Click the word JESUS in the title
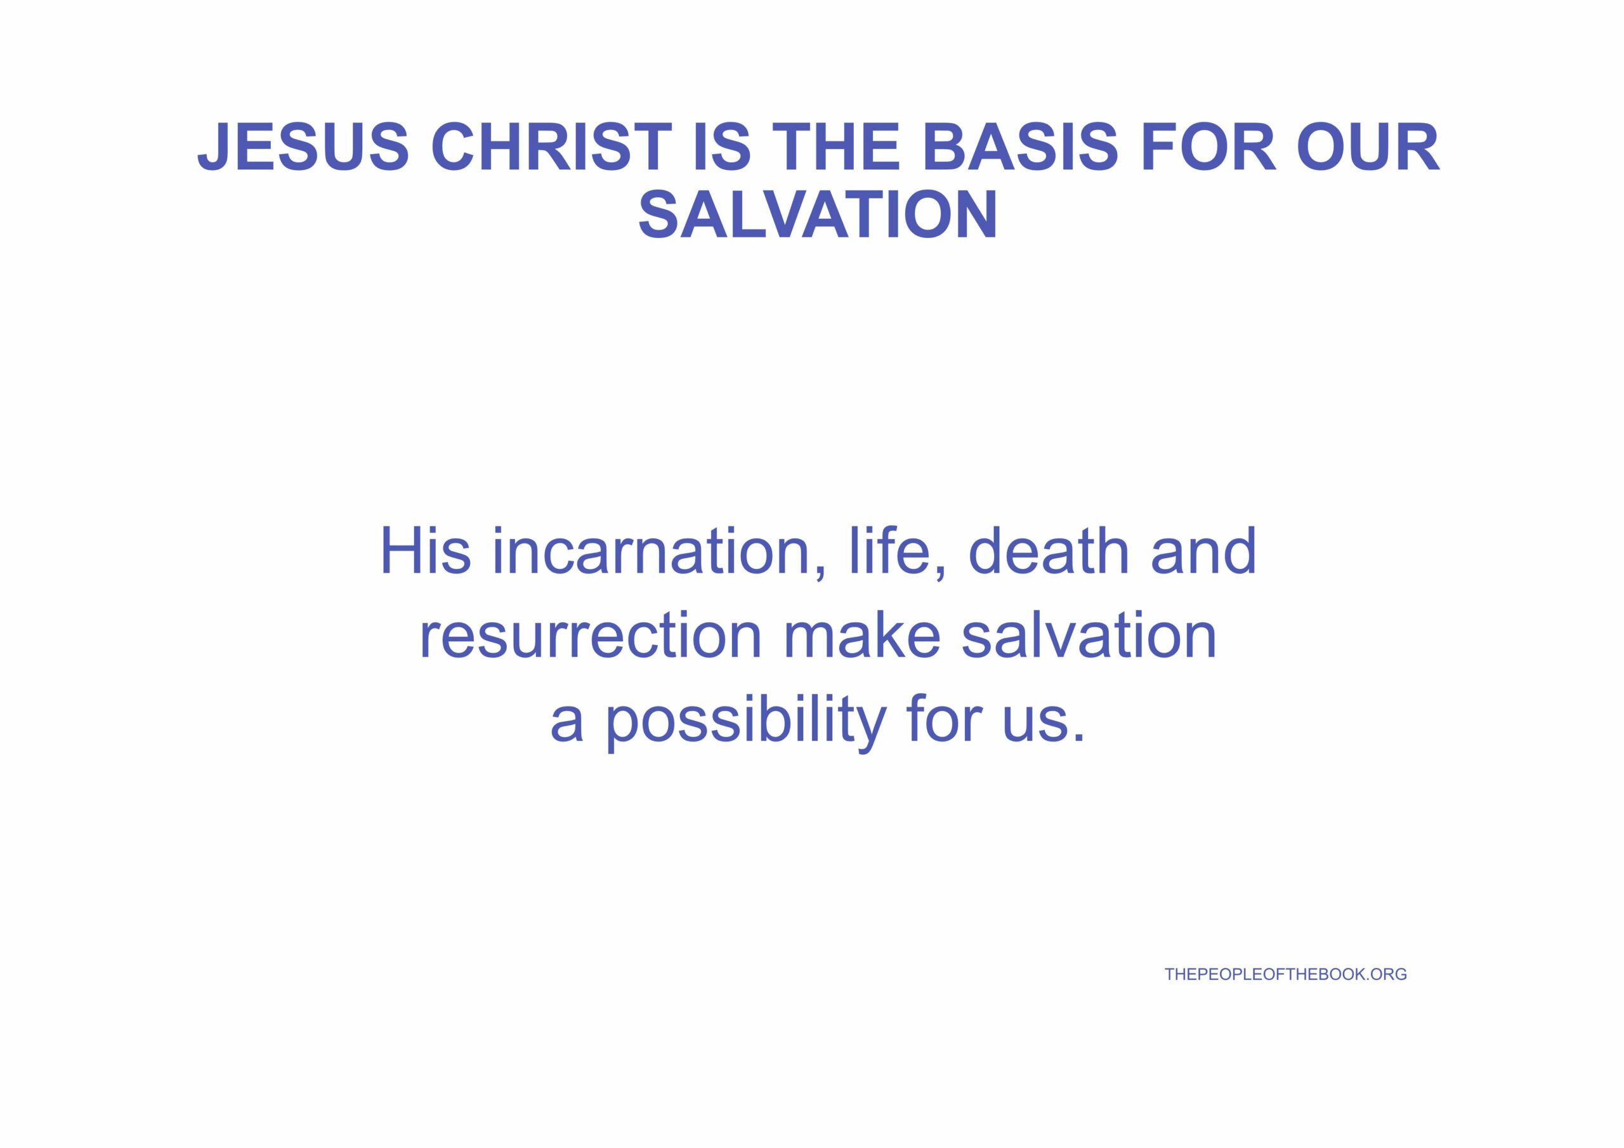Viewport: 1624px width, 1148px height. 303,147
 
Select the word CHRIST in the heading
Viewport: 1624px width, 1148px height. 552,147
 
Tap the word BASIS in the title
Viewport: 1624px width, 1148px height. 1020,147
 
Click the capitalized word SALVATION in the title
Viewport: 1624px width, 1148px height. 818,214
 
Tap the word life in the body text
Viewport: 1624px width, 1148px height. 896,552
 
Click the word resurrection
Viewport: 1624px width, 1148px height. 590,634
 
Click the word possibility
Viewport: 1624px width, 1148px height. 745,720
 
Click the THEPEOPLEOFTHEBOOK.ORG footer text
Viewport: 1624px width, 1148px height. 1286,974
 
